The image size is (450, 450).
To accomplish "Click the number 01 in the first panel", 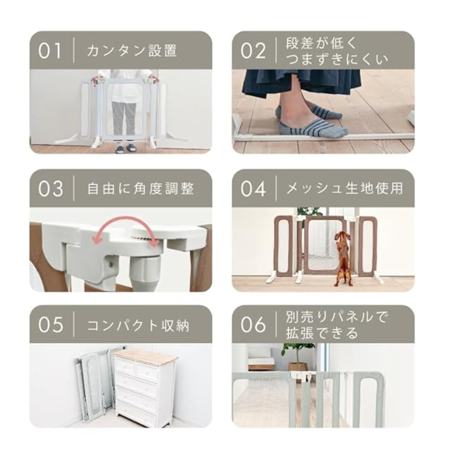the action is click(x=50, y=50).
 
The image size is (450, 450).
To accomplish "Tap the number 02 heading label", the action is click(x=253, y=50).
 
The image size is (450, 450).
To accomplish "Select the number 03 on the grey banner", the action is click(x=51, y=188).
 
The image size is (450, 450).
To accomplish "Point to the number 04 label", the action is click(x=253, y=188).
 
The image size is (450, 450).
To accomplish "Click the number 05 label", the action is click(x=51, y=324).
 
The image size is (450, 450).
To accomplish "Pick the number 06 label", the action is click(x=253, y=324).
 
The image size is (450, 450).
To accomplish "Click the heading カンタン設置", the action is click(x=132, y=50).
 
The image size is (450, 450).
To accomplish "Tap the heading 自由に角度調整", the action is click(x=141, y=188).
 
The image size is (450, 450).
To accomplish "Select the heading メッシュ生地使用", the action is click(x=345, y=188).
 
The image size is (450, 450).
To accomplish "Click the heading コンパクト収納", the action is click(x=138, y=324).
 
